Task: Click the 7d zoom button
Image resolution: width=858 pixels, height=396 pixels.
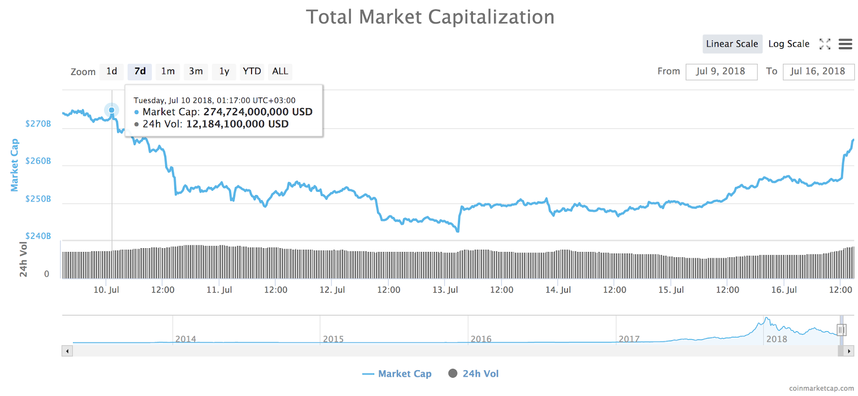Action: click(x=140, y=71)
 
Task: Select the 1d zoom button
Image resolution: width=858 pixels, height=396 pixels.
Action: click(x=112, y=71)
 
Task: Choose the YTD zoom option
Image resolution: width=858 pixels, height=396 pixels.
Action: click(x=252, y=71)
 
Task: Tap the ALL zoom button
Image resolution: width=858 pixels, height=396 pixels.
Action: click(x=280, y=71)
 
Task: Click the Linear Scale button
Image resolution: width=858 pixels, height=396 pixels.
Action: click(x=731, y=44)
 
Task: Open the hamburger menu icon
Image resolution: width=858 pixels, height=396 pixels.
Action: click(x=845, y=44)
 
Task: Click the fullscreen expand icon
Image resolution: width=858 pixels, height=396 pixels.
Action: click(x=825, y=44)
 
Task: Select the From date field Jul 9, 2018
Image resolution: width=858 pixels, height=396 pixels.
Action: click(x=721, y=71)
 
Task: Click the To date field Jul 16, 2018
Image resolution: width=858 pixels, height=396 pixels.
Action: click(x=818, y=71)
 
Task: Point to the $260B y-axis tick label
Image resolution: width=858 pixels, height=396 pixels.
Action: click(x=38, y=161)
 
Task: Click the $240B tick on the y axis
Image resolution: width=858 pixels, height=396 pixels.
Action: click(x=38, y=236)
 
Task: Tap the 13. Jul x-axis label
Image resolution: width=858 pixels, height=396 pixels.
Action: click(x=445, y=290)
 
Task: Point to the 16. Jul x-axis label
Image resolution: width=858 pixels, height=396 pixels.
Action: click(x=784, y=290)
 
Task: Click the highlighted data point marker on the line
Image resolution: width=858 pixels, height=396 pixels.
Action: click(x=112, y=110)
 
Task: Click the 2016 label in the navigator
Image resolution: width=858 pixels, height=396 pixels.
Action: click(x=481, y=339)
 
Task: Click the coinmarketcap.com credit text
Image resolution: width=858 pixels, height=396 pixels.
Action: click(x=821, y=388)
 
